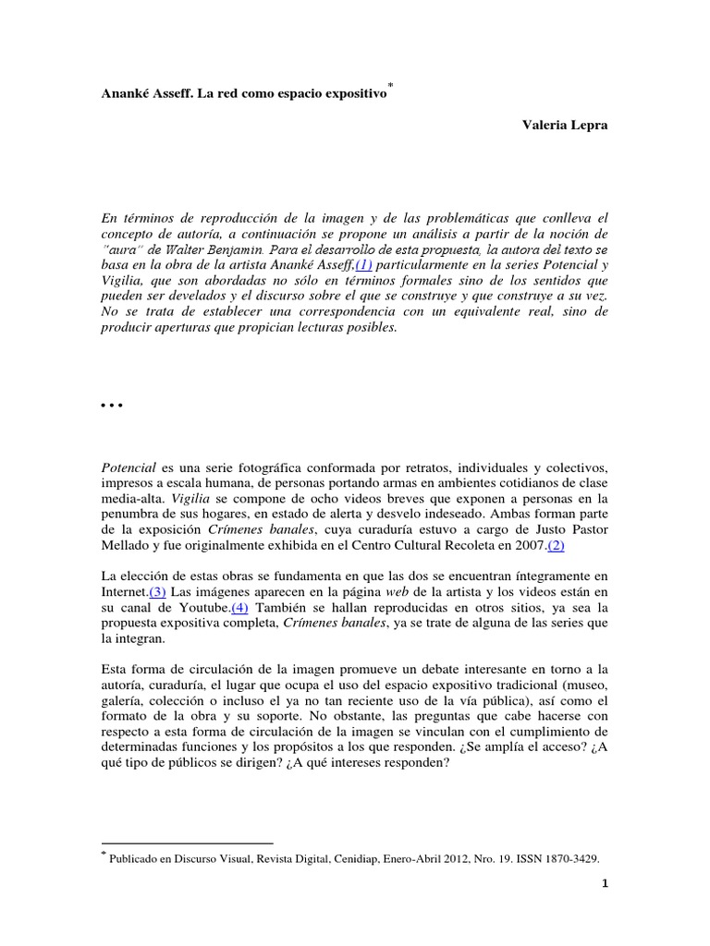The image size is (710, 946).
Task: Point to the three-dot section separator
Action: pos(110,406)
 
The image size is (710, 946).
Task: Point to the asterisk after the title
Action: pos(390,86)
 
